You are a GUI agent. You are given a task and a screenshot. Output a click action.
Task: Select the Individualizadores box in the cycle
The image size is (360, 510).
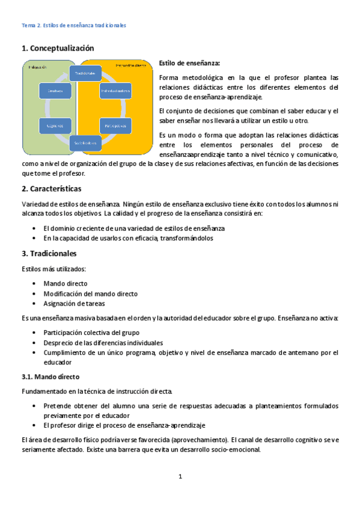[115, 91]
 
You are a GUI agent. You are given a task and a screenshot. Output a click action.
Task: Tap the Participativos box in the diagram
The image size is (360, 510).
[115, 126]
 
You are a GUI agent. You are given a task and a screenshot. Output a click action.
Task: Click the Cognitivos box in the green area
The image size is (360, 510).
[52, 126]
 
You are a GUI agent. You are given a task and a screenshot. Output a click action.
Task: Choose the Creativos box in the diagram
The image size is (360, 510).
[52, 91]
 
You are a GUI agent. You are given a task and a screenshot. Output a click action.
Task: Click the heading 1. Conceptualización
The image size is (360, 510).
[58, 48]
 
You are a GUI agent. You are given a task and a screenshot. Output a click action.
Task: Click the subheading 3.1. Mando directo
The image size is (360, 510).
[50, 377]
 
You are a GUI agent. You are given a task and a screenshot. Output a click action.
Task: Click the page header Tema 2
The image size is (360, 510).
[73, 26]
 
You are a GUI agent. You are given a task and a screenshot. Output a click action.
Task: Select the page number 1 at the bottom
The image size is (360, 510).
[180, 477]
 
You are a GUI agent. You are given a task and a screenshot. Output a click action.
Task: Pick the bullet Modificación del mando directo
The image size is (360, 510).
[91, 293]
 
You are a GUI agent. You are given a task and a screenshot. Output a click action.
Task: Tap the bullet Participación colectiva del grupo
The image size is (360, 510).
[91, 333]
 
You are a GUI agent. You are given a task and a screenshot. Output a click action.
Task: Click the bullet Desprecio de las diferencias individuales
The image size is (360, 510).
[103, 343]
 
